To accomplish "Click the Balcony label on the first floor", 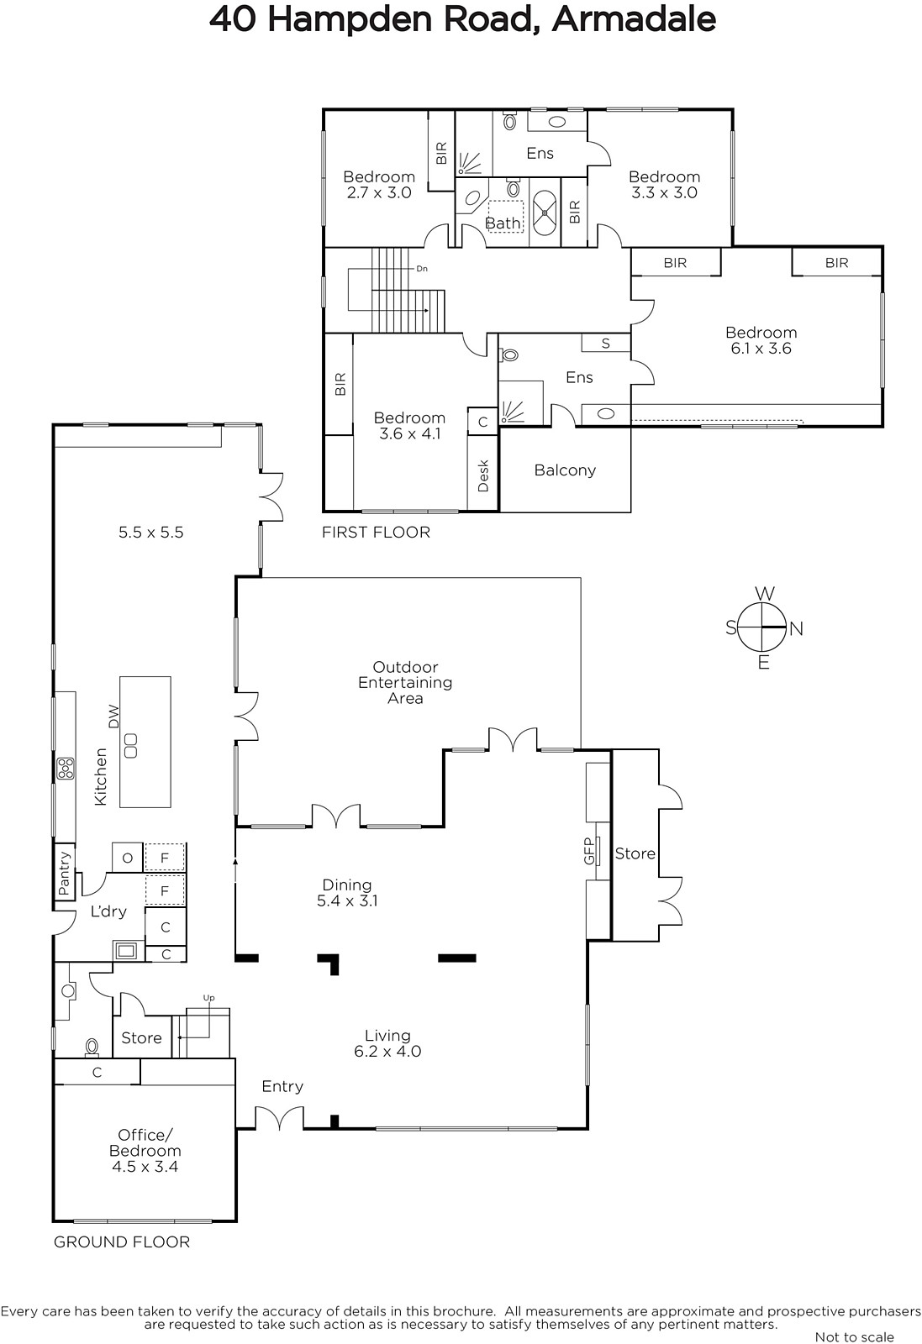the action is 565,470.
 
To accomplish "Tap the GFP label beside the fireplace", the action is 589,851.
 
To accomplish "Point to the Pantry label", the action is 64,873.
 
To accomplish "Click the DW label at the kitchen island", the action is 114,717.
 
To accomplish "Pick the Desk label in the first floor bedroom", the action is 483,475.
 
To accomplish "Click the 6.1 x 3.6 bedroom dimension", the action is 761,349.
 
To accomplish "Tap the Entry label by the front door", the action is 282,1087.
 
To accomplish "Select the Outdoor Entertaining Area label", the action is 405,683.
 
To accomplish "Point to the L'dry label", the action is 108,911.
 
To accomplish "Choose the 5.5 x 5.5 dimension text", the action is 150,533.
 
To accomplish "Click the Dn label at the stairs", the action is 422,269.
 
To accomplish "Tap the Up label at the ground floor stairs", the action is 208,999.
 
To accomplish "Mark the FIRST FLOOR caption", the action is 376,533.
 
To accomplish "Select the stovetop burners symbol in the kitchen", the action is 66,769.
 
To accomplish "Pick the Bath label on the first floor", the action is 503,223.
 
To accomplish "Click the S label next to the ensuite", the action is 606,344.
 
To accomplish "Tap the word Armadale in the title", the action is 633,19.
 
